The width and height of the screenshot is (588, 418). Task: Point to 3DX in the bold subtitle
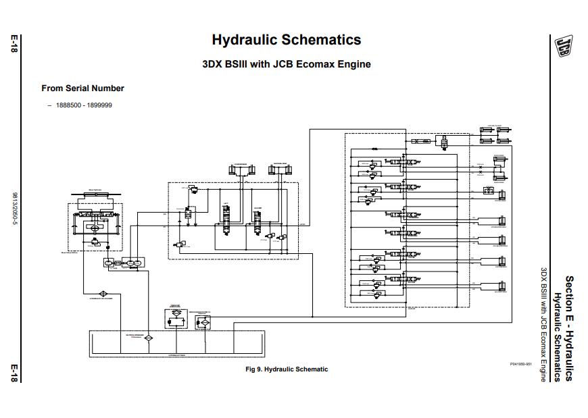point(212,65)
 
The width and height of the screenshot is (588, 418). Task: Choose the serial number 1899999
point(99,105)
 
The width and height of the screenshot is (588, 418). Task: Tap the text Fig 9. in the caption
point(253,369)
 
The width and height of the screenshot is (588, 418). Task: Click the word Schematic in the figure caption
point(312,369)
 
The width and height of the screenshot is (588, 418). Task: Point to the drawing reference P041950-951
point(521,363)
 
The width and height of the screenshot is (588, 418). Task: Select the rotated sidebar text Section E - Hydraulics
point(569,328)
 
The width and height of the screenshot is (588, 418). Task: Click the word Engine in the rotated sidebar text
point(543,367)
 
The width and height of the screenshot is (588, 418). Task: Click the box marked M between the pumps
point(117,263)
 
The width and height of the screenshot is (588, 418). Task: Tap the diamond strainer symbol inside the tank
point(149,337)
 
